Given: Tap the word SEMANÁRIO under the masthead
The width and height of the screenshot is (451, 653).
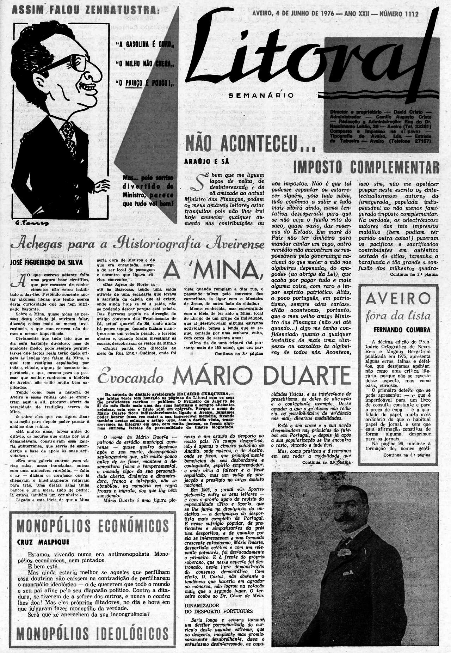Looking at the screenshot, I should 261,95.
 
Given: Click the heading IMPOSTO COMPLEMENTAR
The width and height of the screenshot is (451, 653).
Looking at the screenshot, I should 366,167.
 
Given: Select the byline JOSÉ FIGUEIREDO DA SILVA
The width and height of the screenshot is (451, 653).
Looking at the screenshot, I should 47,262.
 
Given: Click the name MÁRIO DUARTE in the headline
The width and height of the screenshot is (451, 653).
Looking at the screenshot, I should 261,376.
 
